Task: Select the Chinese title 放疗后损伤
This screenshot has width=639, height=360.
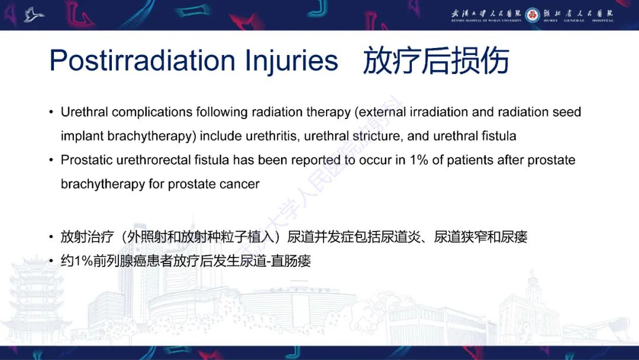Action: (x=436, y=61)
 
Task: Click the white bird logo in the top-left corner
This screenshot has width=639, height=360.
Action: (x=34, y=14)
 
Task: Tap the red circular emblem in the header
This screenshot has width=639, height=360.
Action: (x=532, y=14)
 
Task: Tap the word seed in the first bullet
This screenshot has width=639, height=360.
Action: (x=567, y=112)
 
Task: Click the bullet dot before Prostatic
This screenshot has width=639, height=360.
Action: (x=51, y=160)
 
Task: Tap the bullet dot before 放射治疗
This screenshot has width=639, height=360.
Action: (x=51, y=237)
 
